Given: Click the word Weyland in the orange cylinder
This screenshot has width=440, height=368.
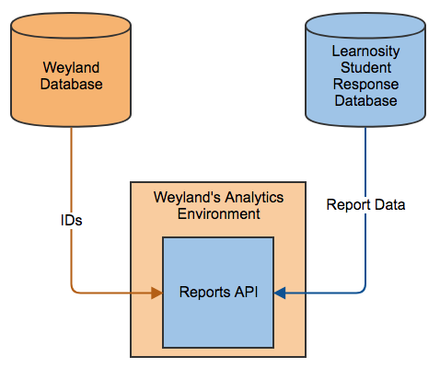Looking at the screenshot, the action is tap(71, 68).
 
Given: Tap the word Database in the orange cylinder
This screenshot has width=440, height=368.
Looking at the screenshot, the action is tap(71, 84).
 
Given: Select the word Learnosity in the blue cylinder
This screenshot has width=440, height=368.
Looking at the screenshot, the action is tap(365, 52).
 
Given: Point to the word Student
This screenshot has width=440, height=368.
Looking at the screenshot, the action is tap(365, 67).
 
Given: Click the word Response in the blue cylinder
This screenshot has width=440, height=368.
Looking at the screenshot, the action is tap(365, 85).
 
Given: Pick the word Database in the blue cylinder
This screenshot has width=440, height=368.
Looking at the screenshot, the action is tap(365, 100).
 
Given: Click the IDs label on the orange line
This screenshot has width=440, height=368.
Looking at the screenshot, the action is tap(72, 221).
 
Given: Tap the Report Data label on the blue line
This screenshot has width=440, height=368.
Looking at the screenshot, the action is tap(365, 205).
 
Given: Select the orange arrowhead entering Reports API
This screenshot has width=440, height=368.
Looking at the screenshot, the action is tap(156, 293).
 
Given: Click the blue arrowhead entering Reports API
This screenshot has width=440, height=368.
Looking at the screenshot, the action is tap(280, 293).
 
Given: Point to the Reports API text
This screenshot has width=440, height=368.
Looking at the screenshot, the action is tap(218, 292).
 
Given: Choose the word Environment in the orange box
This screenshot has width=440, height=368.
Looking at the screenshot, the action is tap(219, 213).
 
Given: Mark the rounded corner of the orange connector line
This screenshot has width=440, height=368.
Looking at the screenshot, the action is tap(74, 291).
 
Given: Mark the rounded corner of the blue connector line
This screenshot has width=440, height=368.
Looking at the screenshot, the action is tap(363, 291).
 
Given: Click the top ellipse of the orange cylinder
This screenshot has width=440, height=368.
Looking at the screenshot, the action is tap(71, 26).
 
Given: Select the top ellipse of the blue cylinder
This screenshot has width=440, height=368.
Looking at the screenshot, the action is tap(365, 26).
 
